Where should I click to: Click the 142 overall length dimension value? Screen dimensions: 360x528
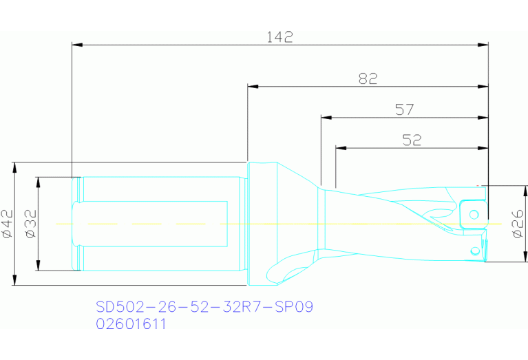(279, 36)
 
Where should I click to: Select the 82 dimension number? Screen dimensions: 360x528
(368, 79)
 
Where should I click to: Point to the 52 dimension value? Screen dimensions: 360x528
(411, 140)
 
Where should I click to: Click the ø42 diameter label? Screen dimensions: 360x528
(8, 224)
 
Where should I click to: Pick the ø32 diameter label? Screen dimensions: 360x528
(30, 224)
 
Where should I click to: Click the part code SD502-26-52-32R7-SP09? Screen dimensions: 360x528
(204, 307)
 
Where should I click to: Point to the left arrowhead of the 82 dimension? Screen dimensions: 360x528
(253, 87)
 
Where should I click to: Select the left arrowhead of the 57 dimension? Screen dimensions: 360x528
(326, 118)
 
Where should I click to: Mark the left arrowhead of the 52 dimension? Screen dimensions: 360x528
(340, 148)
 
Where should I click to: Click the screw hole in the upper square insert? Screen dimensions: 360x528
(474, 214)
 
